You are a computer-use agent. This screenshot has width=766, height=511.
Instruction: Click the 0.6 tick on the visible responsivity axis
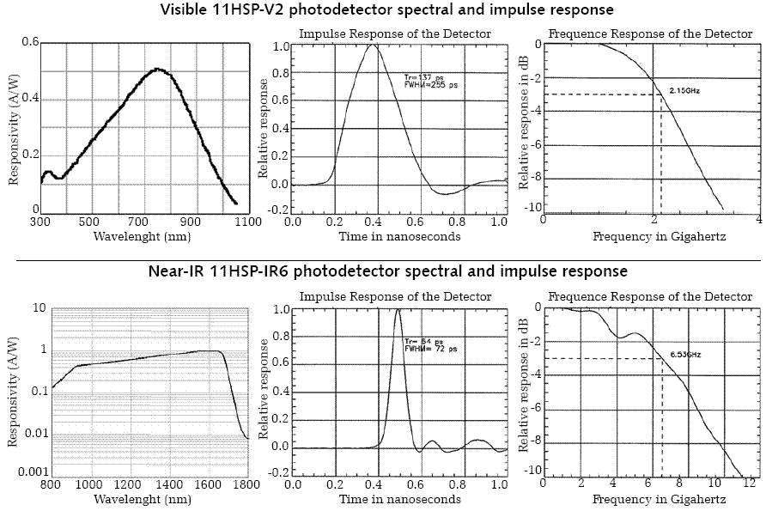pos(29,41)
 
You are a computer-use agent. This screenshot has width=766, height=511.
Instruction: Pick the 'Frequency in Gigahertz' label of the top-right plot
pos(654,236)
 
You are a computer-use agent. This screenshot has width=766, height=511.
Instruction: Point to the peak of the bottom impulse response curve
pos(398,310)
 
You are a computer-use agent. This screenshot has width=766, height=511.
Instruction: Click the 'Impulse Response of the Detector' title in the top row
pos(395,33)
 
